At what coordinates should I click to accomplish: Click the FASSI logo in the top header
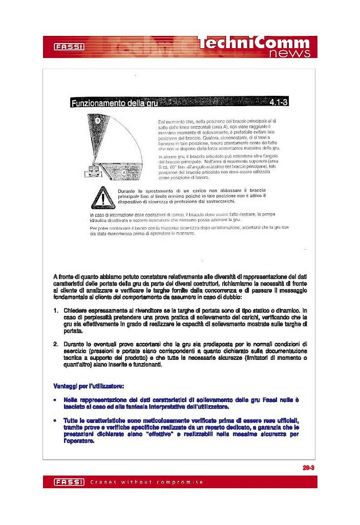point(69,47)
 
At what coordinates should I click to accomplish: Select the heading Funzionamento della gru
point(114,104)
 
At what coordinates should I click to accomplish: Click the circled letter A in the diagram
point(124,173)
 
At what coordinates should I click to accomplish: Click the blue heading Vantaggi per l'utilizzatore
point(89,385)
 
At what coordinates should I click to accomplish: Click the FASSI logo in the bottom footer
point(69,482)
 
